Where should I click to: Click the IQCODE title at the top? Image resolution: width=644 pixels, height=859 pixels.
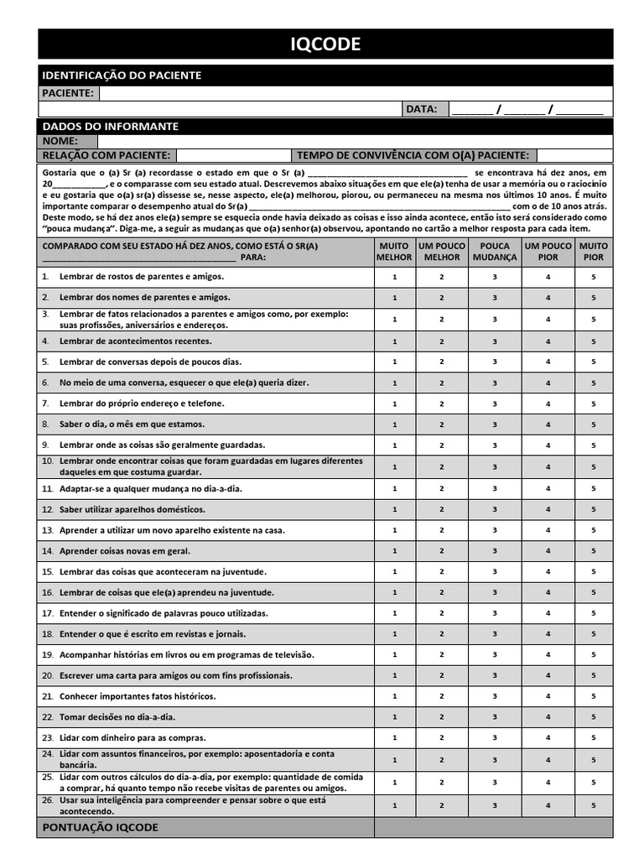click(325, 44)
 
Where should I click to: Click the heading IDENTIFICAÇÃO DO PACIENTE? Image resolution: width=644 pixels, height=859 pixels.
click(122, 75)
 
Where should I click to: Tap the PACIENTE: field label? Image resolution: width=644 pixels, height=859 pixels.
click(68, 93)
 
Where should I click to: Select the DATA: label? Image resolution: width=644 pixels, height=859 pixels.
click(422, 109)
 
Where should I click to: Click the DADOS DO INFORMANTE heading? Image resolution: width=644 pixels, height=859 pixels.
click(110, 126)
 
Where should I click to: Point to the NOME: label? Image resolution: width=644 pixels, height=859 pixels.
click(60, 141)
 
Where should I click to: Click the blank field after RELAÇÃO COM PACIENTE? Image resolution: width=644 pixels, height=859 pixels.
click(231, 155)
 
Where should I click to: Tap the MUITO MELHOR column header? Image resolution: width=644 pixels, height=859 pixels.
click(395, 252)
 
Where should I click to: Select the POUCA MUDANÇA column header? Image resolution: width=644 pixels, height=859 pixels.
click(495, 252)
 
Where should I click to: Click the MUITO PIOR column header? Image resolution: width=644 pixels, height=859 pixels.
click(593, 252)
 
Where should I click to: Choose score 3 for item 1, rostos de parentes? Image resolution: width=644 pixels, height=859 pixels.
click(495, 277)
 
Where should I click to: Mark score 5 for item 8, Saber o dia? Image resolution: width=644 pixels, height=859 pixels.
click(593, 424)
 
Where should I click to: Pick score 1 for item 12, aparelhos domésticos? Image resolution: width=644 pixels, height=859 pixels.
click(395, 509)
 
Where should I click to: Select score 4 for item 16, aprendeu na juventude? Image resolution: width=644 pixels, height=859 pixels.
click(548, 592)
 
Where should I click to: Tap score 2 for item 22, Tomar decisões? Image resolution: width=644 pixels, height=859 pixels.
click(442, 717)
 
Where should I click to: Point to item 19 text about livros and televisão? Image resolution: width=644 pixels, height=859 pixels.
click(187, 655)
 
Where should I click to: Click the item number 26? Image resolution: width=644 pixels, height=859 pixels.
click(47, 801)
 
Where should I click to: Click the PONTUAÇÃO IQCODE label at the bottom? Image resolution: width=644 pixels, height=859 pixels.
click(100, 828)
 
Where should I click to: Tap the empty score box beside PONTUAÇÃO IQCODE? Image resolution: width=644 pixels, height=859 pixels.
click(493, 828)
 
